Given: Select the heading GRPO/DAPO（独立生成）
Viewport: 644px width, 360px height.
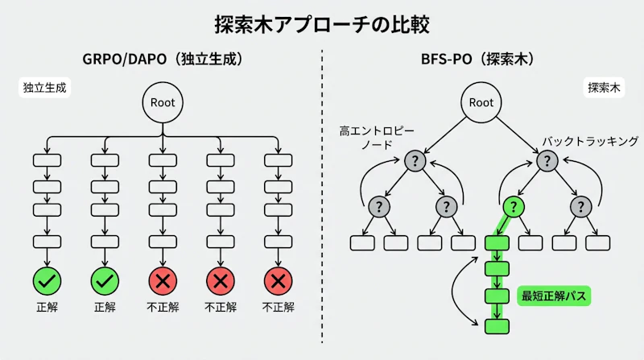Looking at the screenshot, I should click(x=163, y=59).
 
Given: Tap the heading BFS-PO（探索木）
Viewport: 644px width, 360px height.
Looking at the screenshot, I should click(x=481, y=59).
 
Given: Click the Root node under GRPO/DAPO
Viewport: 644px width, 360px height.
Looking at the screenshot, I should click(x=163, y=102).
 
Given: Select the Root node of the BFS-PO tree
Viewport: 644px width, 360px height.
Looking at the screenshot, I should click(x=481, y=102).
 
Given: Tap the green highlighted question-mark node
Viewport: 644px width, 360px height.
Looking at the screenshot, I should click(x=514, y=207).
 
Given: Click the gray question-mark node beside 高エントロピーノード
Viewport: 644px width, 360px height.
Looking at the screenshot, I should click(x=415, y=161).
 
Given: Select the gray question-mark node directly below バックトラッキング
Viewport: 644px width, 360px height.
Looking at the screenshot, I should click(x=547, y=161).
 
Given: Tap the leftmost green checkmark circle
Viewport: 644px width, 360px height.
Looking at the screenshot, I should click(x=47, y=281).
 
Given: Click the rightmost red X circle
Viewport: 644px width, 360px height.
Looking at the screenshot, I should click(x=278, y=281).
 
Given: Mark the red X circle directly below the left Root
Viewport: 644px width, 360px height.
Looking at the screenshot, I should click(x=163, y=281).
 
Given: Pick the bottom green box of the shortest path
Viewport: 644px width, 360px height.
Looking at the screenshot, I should click(x=497, y=325).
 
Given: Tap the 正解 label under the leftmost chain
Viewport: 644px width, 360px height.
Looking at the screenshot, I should click(x=47, y=307).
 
